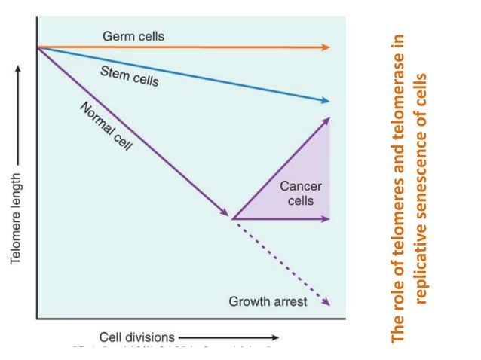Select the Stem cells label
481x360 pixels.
[x=129, y=75]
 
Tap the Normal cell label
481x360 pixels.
[x=106, y=126]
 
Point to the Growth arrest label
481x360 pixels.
[x=268, y=301]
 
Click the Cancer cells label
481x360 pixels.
[x=301, y=194]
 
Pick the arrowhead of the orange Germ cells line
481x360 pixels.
[x=326, y=47]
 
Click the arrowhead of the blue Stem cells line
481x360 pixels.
[x=326, y=100]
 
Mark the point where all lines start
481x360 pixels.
[x=37, y=47]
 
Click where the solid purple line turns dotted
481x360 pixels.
[x=231, y=218]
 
